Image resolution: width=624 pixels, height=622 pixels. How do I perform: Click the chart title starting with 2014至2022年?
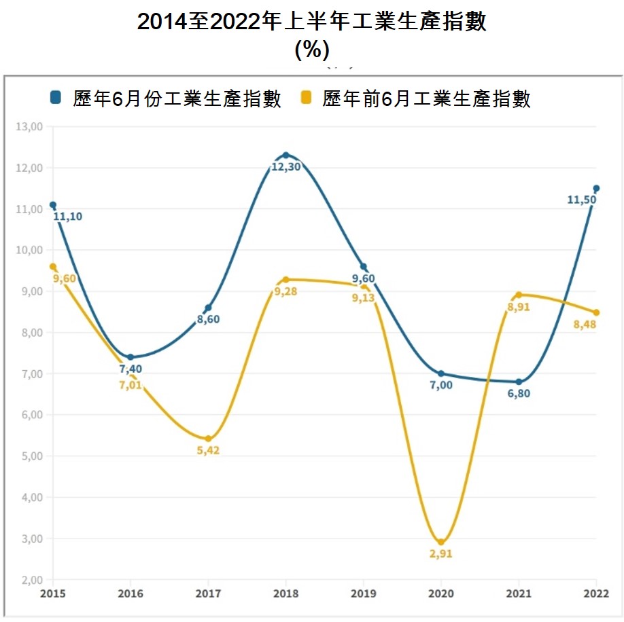[x=312, y=22]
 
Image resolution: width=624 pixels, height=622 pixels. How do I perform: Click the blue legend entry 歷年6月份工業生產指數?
[x=166, y=99]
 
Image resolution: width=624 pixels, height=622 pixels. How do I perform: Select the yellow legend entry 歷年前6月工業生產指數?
[x=415, y=99]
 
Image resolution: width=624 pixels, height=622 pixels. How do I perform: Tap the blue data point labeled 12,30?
[x=285, y=155]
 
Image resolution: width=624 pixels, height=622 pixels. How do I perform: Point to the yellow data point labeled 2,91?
[x=441, y=542]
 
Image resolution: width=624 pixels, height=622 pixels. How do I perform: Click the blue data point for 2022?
[x=596, y=189]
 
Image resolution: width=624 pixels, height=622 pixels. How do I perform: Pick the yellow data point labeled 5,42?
[x=208, y=439]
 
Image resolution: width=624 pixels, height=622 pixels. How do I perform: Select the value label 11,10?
[x=67, y=217]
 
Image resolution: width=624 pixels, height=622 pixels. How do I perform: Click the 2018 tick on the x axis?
[x=285, y=593]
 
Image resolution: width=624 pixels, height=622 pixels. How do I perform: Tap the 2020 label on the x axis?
[x=441, y=593]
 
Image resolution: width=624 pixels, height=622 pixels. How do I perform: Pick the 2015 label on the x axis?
[x=52, y=593]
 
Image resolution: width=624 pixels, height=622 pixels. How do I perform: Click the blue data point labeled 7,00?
[x=441, y=373]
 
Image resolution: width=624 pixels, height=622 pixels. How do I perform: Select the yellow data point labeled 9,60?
[x=53, y=267]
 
